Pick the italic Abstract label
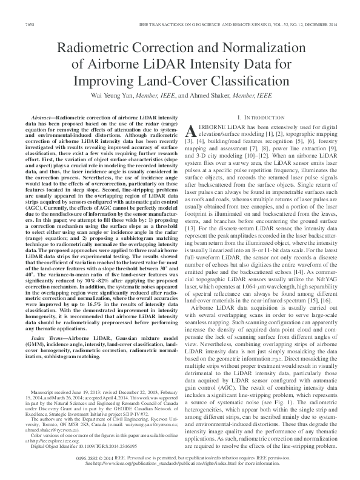(x=46, y=115)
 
